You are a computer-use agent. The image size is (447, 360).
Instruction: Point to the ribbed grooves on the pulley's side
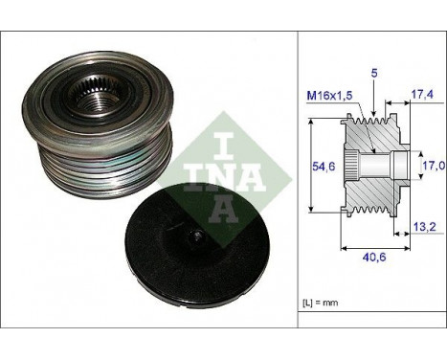coord(144,158)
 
